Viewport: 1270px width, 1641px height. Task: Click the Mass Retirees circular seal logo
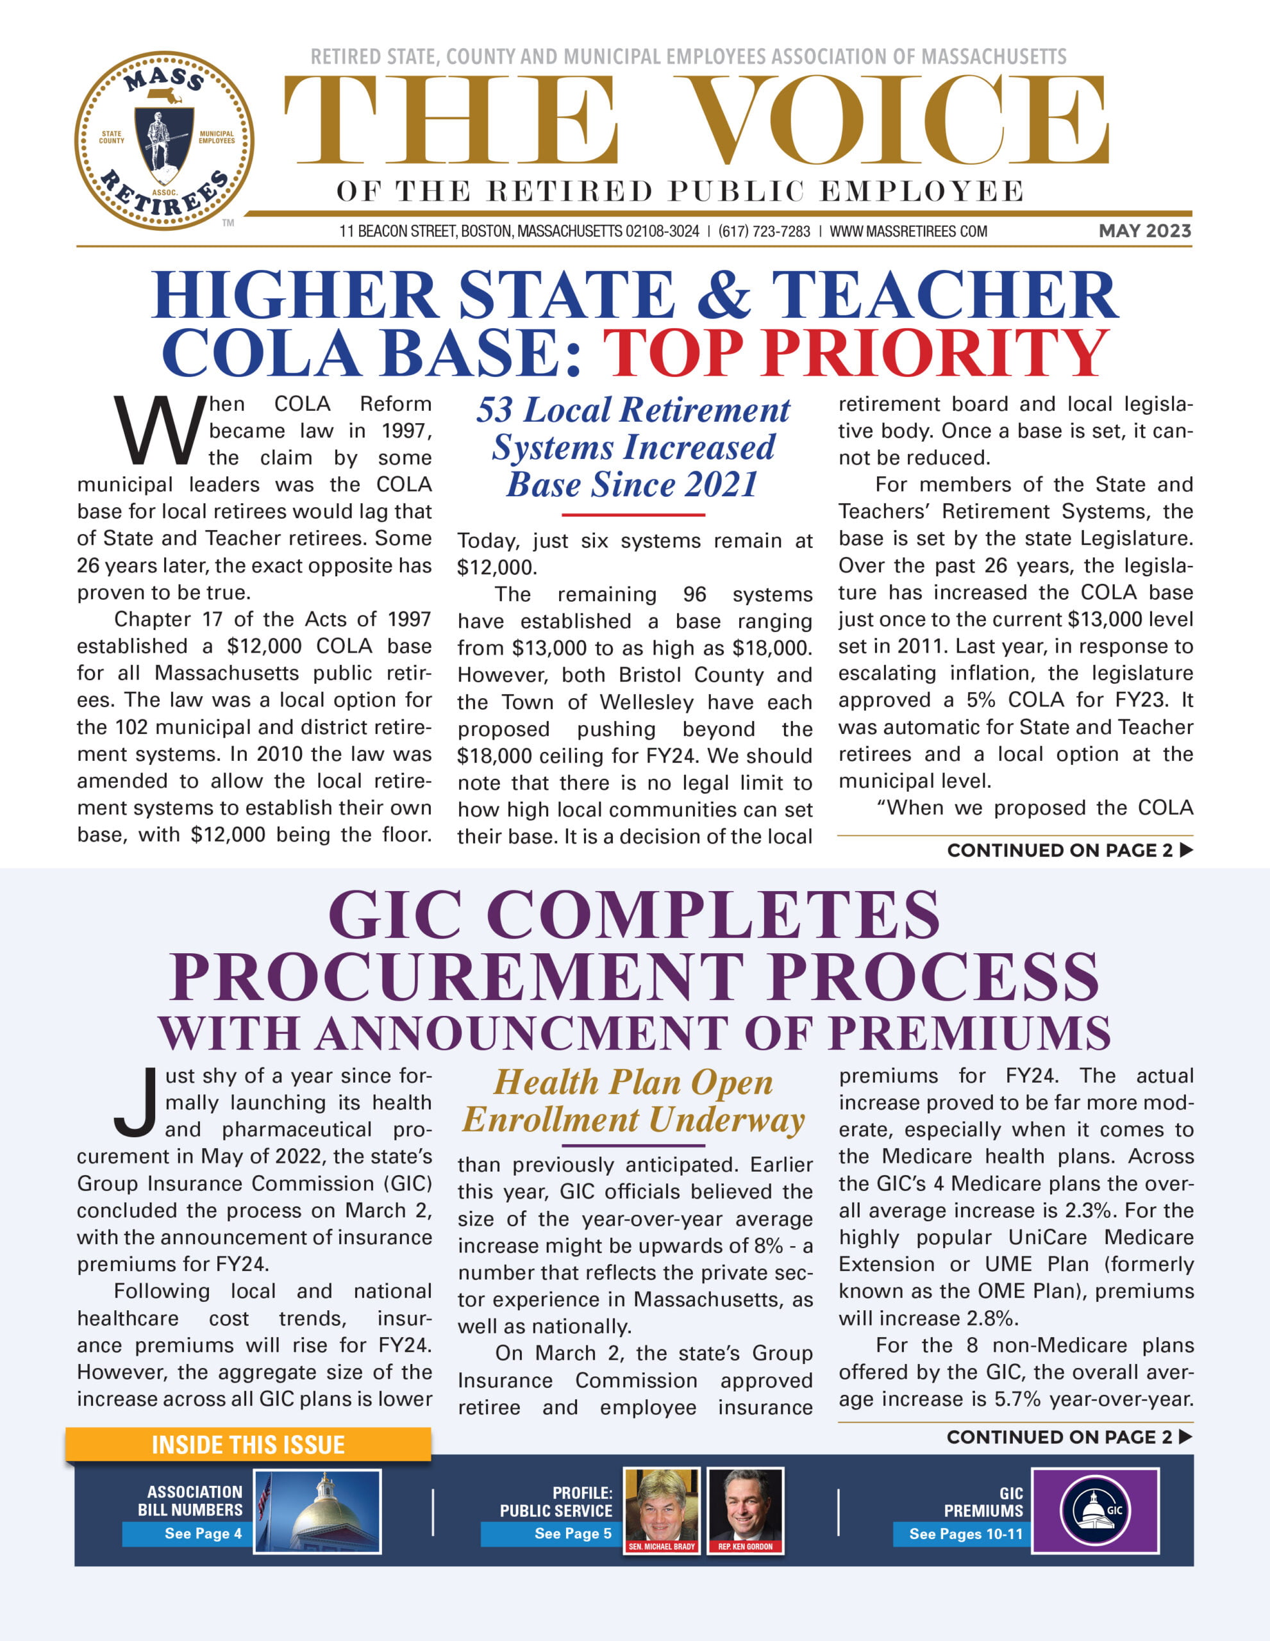click(x=164, y=140)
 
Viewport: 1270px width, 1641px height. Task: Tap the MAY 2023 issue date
click(x=1144, y=231)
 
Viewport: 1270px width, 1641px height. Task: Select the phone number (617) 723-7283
click(x=764, y=231)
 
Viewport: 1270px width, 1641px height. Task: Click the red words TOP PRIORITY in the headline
click(x=855, y=352)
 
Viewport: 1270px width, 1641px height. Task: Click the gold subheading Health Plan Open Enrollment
click(x=633, y=1101)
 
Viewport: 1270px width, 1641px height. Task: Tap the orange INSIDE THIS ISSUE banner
click(x=248, y=1444)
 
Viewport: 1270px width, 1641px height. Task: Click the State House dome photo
click(x=317, y=1511)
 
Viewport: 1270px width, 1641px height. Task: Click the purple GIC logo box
click(x=1095, y=1511)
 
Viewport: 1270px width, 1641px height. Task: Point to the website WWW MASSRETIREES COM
click(x=908, y=231)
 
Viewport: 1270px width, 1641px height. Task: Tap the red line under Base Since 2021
click(x=633, y=515)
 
